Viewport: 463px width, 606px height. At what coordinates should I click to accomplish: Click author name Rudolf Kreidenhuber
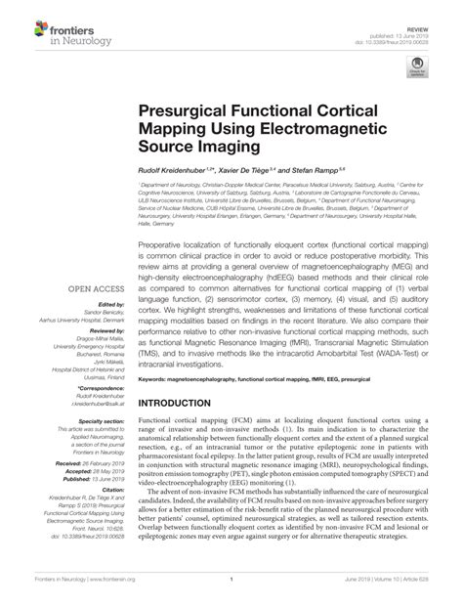pyautogui.click(x=181, y=169)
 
